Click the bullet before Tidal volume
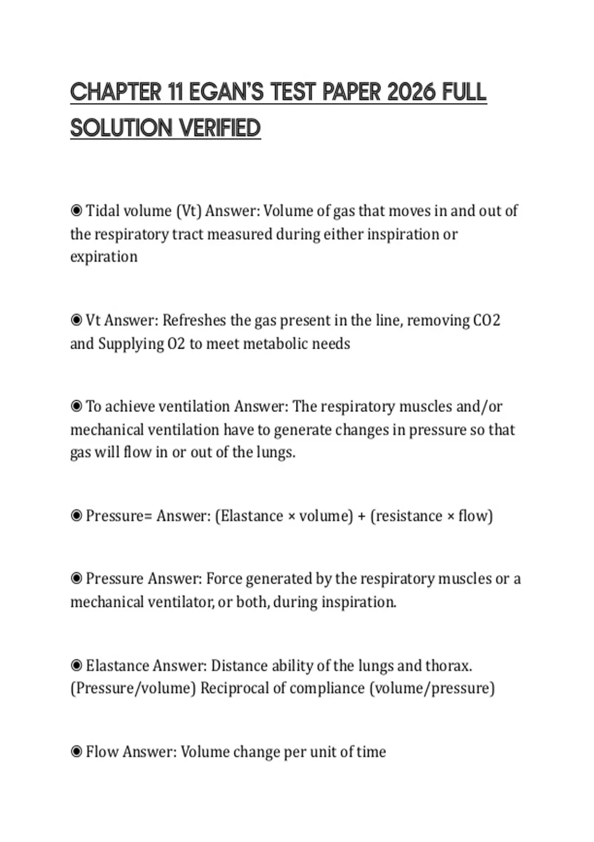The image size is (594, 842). point(76,211)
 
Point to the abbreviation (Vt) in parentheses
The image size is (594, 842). point(189,211)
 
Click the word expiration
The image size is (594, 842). point(104,257)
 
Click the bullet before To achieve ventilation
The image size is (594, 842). point(76,407)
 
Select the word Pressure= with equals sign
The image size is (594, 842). point(119,516)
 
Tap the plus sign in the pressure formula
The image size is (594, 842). point(361,516)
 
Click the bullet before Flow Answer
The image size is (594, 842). point(76,751)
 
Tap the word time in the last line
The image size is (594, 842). point(371,751)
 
